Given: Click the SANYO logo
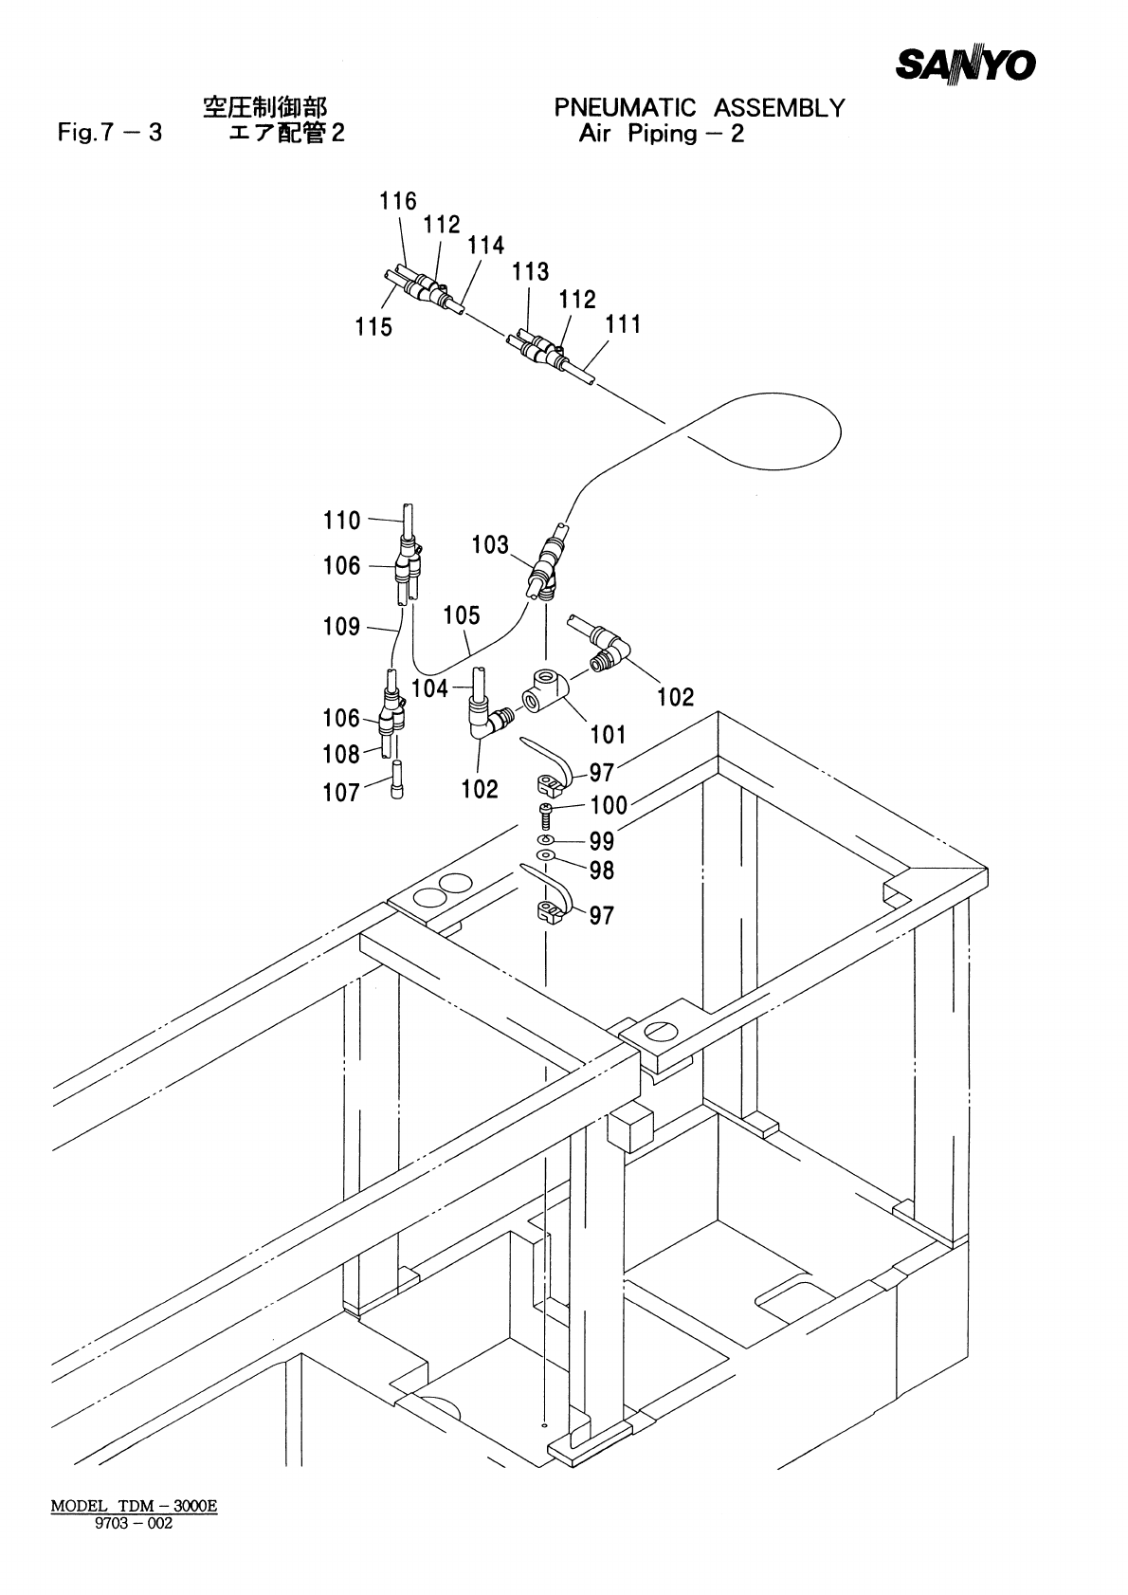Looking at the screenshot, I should pyautogui.click(x=966, y=64).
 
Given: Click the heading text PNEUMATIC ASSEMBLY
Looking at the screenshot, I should pyautogui.click(x=699, y=108).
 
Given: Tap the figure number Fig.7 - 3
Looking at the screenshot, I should pyautogui.click(x=109, y=133).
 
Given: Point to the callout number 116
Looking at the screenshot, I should pyautogui.click(x=398, y=201).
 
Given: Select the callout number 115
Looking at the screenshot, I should pyautogui.click(x=373, y=327).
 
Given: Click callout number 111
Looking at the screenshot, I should pyautogui.click(x=623, y=324).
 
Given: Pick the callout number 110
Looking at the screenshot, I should pyautogui.click(x=342, y=520).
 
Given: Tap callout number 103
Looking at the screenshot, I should pyautogui.click(x=490, y=545).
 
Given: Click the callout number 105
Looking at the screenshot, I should pyautogui.click(x=462, y=615).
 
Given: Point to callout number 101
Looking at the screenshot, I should pyautogui.click(x=608, y=734).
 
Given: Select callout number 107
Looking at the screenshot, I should pyautogui.click(x=341, y=793).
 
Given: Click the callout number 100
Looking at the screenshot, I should pyautogui.click(x=609, y=806).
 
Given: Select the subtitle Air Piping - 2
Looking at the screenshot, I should pyautogui.click(x=661, y=134).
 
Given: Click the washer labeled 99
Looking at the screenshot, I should pyautogui.click(x=545, y=840).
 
